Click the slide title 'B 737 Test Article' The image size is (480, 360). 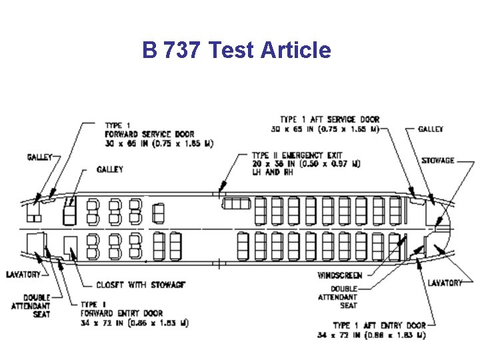click(236, 49)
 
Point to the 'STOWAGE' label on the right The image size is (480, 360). click(439, 161)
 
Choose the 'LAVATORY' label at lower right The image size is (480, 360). click(445, 283)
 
